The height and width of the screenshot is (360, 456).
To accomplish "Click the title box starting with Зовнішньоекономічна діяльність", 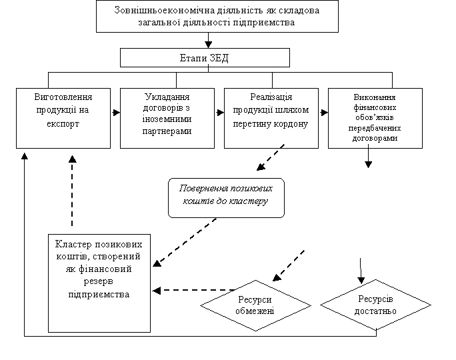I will click(217, 16).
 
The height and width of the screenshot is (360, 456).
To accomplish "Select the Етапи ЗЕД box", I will click(205, 58).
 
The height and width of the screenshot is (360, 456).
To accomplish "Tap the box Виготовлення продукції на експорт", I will click(63, 117).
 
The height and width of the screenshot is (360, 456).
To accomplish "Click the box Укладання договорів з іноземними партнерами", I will click(167, 117).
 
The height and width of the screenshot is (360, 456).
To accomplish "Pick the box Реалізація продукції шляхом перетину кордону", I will click(271, 117).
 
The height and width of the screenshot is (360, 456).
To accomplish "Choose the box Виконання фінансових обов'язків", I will click(375, 117).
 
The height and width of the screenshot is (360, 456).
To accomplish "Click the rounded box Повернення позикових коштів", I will click(226, 197).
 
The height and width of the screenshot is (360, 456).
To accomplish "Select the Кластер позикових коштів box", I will click(99, 283).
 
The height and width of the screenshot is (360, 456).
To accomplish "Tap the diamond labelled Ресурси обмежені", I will click(256, 305).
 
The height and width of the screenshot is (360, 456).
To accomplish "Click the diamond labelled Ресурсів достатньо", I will click(376, 305).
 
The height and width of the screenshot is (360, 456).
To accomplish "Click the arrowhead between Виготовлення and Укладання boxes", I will click(115, 113).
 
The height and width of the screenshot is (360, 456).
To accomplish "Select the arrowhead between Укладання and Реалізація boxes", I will click(219, 113).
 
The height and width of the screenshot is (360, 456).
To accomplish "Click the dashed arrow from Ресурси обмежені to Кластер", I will click(193, 290).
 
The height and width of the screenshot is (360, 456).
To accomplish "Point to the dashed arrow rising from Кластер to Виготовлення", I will click(72, 193).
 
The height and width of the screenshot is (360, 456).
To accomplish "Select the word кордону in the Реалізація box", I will click(292, 123).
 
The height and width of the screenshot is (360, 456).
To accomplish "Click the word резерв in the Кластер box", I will click(99, 281).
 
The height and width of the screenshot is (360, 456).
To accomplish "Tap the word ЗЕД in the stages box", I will click(219, 58).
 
